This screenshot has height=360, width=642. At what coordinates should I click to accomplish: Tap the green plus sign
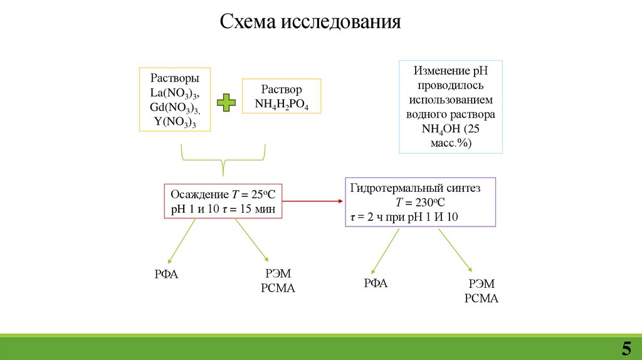(226, 103)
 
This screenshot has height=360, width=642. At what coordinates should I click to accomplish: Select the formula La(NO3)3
(175, 93)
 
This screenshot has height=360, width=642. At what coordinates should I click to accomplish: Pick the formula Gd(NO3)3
(175, 107)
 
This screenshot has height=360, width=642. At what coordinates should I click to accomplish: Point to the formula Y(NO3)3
(175, 122)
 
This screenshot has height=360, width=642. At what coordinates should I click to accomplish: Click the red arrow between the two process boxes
(313, 201)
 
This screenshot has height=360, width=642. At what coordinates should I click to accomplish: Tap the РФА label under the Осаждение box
(166, 274)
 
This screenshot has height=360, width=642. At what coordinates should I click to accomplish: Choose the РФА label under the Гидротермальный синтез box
(376, 283)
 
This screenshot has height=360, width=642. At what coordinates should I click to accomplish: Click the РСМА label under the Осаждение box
(277, 288)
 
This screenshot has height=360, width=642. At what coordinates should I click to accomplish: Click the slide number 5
(626, 348)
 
